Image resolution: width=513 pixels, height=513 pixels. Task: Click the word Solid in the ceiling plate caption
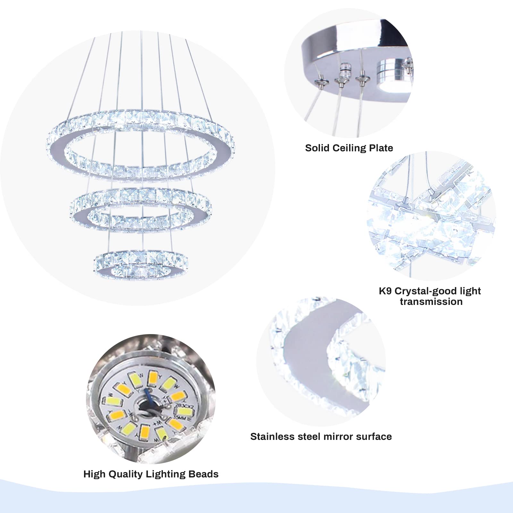317,148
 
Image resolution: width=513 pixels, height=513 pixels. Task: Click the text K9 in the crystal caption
385,291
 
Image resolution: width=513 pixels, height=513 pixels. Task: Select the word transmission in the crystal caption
431,302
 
